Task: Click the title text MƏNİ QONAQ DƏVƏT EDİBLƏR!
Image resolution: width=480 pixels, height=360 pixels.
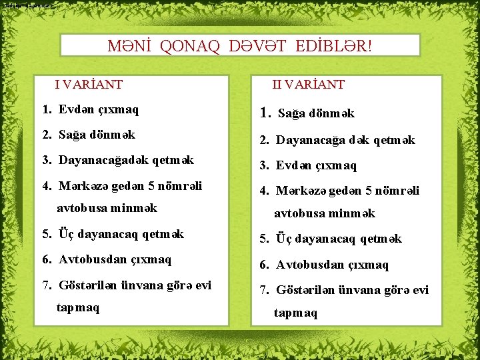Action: [240, 46]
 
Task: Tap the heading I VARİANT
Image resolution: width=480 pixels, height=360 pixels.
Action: [89, 85]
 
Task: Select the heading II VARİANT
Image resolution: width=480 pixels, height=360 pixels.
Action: [308, 85]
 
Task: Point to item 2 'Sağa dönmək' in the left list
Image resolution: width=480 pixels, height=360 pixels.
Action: [97, 135]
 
